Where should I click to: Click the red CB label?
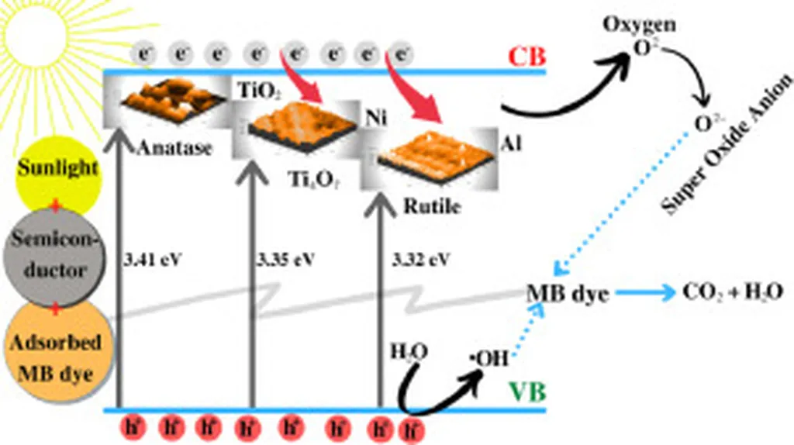pyautogui.click(x=528, y=57)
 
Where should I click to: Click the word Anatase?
pyautogui.click(x=174, y=148)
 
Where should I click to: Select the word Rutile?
pyautogui.click(x=432, y=207)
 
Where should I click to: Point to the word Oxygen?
pyautogui.click(x=639, y=24)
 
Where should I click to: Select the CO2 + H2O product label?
pyautogui.click(x=733, y=291)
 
